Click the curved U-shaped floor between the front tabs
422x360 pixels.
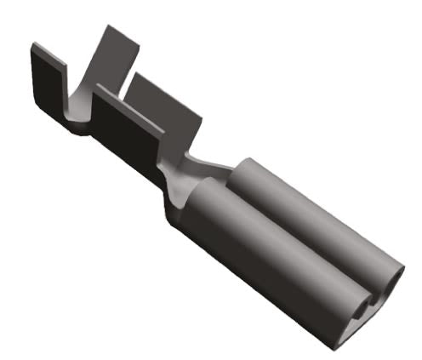point(78,111)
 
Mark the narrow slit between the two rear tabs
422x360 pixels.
point(127,81)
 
